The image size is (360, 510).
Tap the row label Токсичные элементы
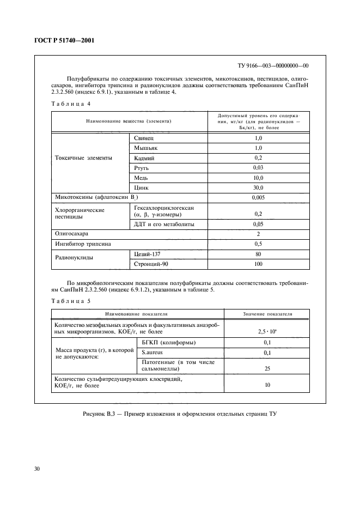tap(84, 157)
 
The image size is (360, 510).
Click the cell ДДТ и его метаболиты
tap(164, 224)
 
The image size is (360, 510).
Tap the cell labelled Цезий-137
tap(148, 254)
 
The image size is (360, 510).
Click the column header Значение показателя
tap(266, 314)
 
